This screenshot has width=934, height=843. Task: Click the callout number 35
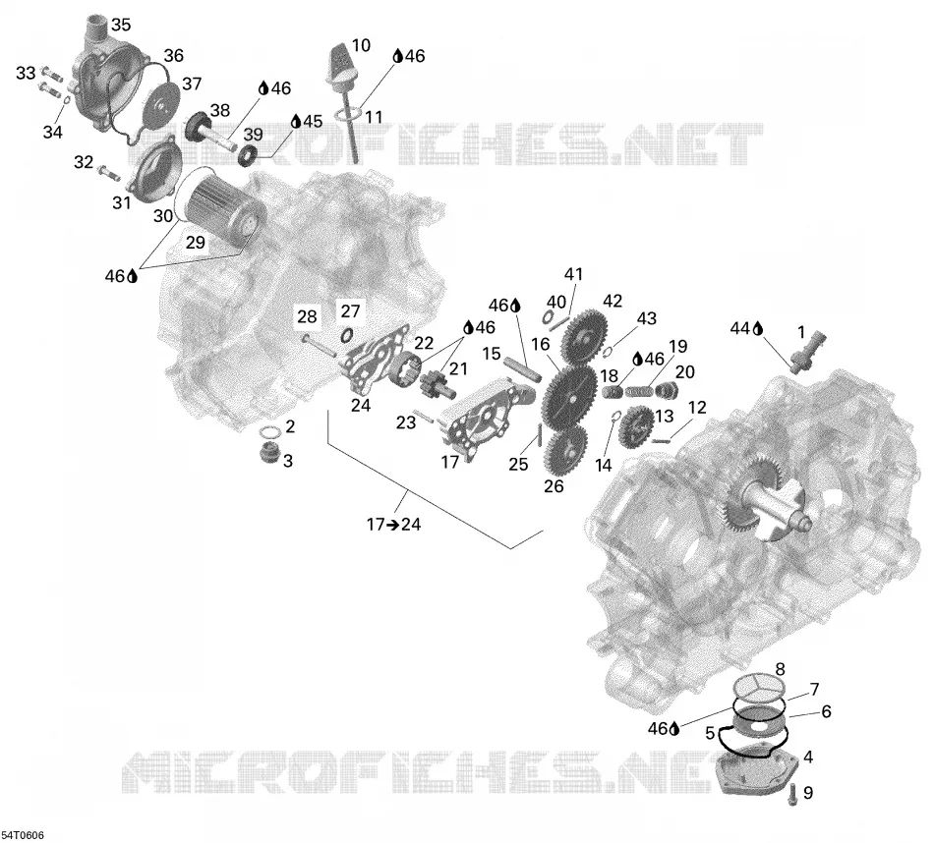click(x=120, y=25)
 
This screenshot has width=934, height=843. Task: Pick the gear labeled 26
click(x=564, y=451)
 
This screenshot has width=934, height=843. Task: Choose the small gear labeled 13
click(x=636, y=426)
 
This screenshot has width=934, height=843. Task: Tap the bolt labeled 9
click(x=792, y=795)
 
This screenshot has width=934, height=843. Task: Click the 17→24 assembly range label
click(x=394, y=525)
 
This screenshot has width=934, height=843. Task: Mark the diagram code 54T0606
click(x=23, y=836)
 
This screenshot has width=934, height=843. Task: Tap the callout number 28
click(x=307, y=316)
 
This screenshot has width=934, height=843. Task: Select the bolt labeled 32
click(x=108, y=172)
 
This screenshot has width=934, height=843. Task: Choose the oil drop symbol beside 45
click(x=296, y=122)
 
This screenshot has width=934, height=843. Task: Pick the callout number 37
click(x=192, y=84)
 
